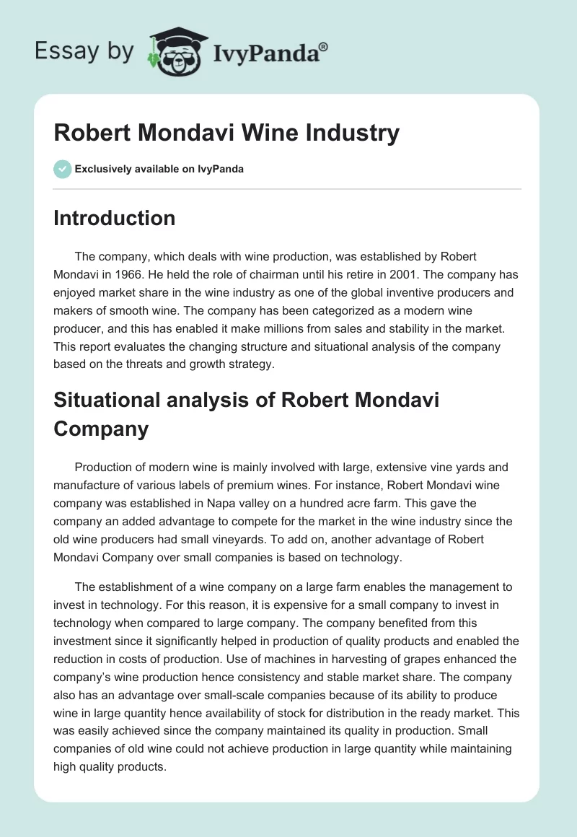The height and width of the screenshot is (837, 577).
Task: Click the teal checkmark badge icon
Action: [62, 169]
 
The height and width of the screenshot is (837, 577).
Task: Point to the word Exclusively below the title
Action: [102, 170]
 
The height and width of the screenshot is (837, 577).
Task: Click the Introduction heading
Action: [114, 218]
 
